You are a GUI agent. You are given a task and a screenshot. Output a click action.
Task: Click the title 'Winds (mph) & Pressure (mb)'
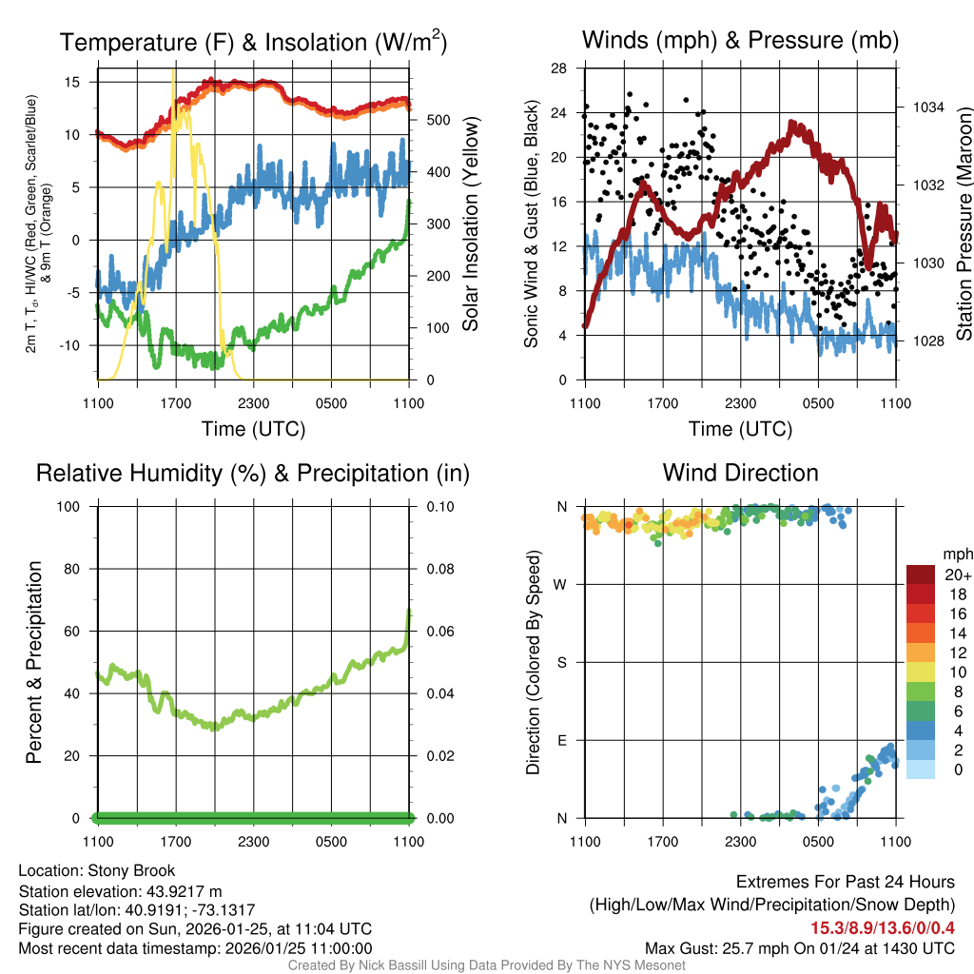740,40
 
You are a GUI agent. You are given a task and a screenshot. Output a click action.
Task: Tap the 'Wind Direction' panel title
740,473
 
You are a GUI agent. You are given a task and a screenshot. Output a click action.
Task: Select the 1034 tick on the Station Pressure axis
928,107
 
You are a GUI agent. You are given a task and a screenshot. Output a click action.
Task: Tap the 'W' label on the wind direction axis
562,584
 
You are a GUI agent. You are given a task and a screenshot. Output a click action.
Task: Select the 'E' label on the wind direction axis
562,740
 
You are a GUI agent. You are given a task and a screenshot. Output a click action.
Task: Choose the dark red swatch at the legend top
920,575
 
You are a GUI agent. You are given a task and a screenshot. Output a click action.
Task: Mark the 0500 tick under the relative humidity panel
331,841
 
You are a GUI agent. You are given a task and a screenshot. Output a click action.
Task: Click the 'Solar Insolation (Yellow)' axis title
470,224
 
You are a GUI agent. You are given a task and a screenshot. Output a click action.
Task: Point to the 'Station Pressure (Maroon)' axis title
964,224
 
